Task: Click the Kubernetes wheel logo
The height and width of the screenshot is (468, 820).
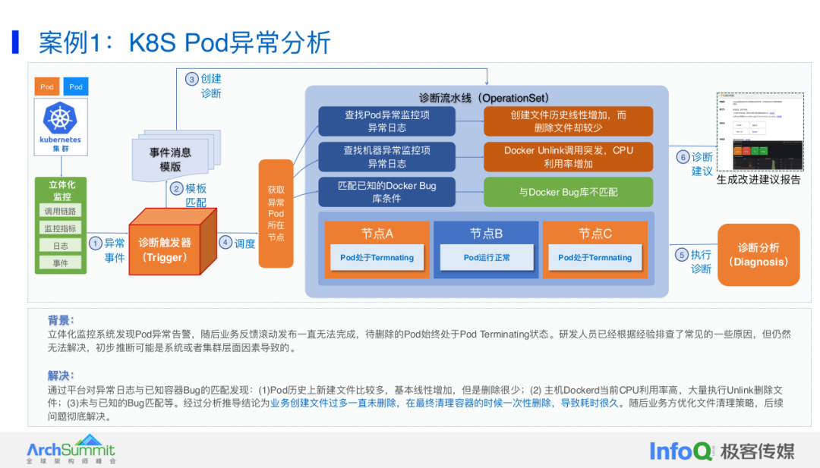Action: pyautogui.click(x=61, y=120)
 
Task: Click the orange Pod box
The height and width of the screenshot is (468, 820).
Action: pyautogui.click(x=47, y=86)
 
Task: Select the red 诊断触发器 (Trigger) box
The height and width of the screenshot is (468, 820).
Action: pyautogui.click(x=165, y=250)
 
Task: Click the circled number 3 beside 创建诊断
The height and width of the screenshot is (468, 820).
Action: pyautogui.click(x=192, y=79)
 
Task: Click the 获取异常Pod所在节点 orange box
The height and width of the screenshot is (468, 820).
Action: pyautogui.click(x=276, y=213)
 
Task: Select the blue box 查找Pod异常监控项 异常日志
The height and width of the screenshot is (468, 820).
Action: pyautogui.click(x=387, y=121)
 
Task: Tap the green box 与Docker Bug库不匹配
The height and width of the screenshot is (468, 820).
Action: pyautogui.click(x=568, y=193)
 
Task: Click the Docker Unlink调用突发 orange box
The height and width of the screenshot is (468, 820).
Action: pyautogui.click(x=568, y=157)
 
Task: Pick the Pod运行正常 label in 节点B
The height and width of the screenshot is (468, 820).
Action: pyautogui.click(x=487, y=258)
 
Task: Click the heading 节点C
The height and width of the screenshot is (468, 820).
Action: pyautogui.click(x=594, y=234)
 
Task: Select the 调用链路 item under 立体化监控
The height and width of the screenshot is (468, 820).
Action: pyautogui.click(x=61, y=211)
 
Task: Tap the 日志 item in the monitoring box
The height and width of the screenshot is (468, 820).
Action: pyautogui.click(x=61, y=246)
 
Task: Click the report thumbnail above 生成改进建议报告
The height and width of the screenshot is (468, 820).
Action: pyautogui.click(x=759, y=133)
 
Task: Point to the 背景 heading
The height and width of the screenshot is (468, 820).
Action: pyautogui.click(x=61, y=320)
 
